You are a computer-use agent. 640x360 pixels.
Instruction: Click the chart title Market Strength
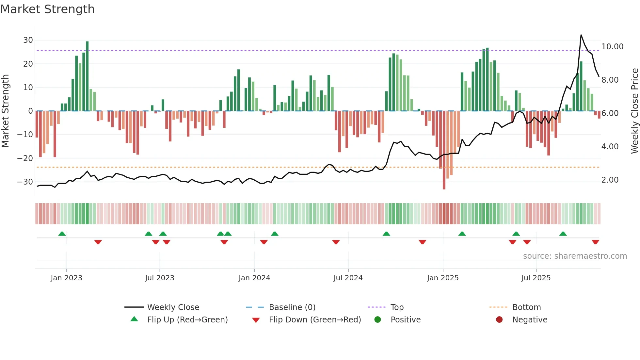coord(48,9)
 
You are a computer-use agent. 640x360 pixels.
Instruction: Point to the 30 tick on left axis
coord(28,40)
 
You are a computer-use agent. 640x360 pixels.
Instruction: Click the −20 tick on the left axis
coord(25,158)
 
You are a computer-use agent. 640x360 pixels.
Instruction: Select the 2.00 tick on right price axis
coord(610,180)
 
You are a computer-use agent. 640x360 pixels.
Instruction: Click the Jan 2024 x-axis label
coord(254,278)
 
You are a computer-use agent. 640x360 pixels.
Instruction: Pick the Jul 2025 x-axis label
coord(536,278)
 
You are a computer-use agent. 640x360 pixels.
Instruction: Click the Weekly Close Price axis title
coord(634,111)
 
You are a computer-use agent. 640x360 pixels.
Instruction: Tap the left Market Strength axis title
coord(5,111)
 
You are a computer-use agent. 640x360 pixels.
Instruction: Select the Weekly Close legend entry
coord(173,307)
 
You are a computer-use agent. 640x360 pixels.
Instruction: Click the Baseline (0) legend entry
coord(292,307)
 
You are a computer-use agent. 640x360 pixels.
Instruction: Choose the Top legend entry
coord(397,307)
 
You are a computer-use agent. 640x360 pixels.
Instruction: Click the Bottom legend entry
coord(526,307)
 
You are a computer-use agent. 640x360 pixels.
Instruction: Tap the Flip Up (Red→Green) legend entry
coord(187,320)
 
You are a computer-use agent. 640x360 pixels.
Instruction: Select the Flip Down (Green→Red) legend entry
coord(315,320)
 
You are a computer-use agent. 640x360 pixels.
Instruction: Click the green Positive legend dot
coord(378,320)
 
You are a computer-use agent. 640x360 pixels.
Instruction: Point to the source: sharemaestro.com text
coord(575,256)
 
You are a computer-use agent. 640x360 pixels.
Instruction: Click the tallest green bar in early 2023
coord(87,76)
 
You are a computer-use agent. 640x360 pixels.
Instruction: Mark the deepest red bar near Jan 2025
coord(444,150)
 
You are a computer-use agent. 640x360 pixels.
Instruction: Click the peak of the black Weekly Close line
coord(581,35)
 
